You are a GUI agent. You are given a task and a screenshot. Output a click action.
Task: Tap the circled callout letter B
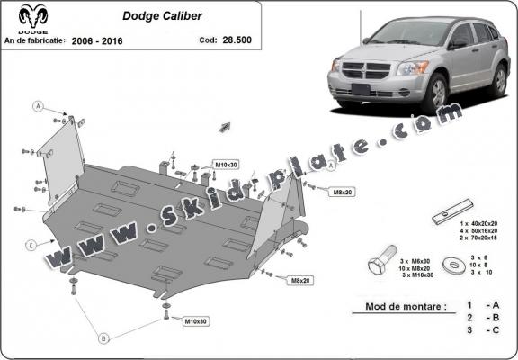103,337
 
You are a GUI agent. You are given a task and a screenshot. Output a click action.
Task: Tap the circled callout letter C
30,245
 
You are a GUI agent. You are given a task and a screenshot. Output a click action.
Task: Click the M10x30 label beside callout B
196,320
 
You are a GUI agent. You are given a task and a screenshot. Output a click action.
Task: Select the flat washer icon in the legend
451,264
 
